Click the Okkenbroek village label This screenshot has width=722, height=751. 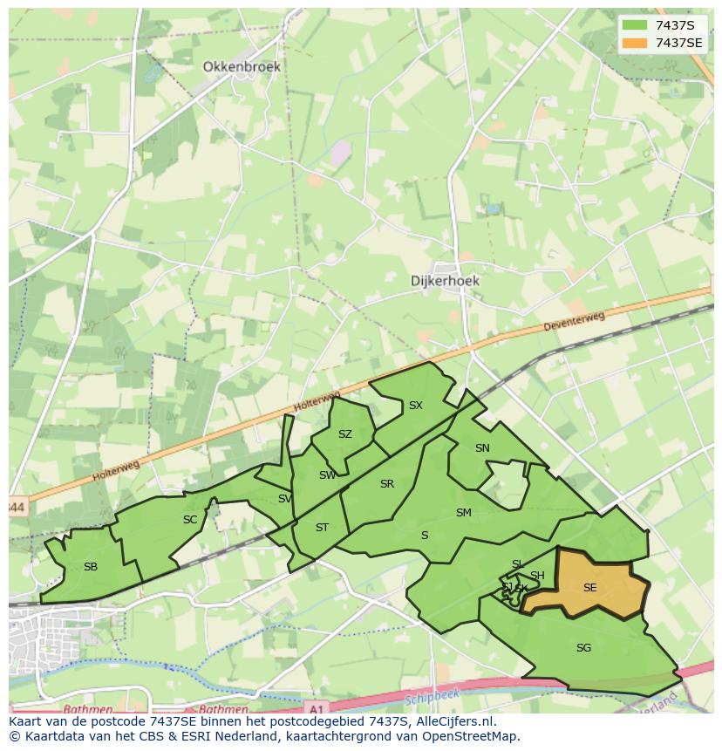(x=242, y=66)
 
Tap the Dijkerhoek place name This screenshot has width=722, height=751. (x=445, y=281)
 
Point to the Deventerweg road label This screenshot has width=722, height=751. (x=573, y=321)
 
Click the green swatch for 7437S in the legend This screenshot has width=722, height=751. (x=635, y=24)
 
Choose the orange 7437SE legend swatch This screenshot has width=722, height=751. (x=635, y=43)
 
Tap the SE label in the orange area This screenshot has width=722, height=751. (x=589, y=588)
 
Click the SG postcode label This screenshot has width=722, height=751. (x=583, y=647)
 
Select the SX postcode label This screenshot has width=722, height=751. (x=416, y=406)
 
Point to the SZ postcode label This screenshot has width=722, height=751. (x=345, y=434)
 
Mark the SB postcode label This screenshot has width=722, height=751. (x=91, y=567)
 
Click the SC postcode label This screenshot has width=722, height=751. (x=190, y=520)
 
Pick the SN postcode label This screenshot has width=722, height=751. (x=482, y=448)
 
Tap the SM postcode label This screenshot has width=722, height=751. (x=463, y=513)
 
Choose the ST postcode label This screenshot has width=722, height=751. (x=322, y=528)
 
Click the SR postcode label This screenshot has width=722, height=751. (x=387, y=484)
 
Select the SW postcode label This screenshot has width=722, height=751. (x=327, y=475)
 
